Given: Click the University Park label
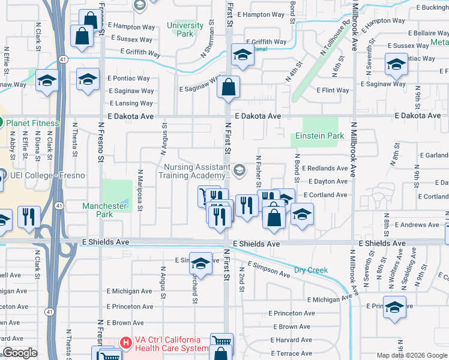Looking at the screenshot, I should pos(185,29).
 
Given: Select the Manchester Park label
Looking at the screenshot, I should pos(104,210).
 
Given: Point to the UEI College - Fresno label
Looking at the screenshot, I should pos(47,176).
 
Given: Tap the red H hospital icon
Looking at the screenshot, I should pos(126,343).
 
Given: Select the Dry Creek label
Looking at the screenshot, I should pos(311,270).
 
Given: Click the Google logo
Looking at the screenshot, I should pos(20,353).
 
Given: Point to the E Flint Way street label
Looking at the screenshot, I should pos(333,91).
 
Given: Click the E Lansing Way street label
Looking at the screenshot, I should pos(131,103).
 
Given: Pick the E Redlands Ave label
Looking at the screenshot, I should pos(325,169).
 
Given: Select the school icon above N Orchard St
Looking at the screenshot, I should pos(200,263).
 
